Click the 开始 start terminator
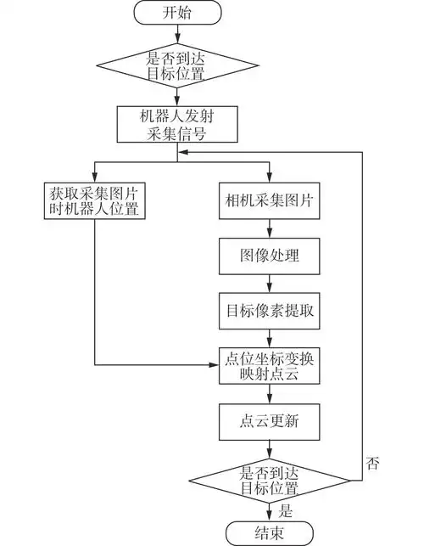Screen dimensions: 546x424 tap(177, 13)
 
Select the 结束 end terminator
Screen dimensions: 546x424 tap(269, 532)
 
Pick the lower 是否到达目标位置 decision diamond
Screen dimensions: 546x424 tap(269, 481)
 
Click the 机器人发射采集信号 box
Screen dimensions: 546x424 tap(177, 124)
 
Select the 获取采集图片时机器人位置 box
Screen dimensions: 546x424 tap(92, 201)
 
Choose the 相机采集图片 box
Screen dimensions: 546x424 tap(269, 201)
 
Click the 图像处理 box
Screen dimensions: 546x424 tap(269, 255)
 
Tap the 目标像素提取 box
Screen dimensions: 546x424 tap(269, 310)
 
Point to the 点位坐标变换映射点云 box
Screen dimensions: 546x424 tap(269, 364)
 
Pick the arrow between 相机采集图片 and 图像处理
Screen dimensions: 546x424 tap(269, 228)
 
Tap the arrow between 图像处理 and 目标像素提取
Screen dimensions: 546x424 tap(269, 283)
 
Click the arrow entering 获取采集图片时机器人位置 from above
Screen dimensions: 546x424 tap(92, 172)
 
